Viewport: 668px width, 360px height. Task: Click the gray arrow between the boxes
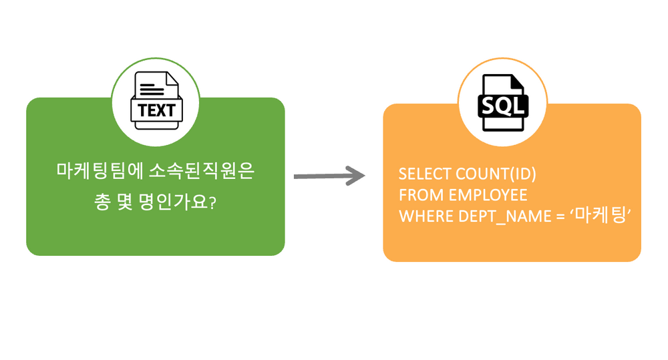327,176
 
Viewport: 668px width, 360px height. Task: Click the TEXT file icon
156,102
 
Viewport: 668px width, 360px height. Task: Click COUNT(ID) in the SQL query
496,174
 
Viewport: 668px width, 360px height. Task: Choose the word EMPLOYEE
488,195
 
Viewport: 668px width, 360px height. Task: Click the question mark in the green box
212,202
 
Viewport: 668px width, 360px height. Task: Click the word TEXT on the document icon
156,110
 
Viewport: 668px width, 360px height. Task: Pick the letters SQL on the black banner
502,106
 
